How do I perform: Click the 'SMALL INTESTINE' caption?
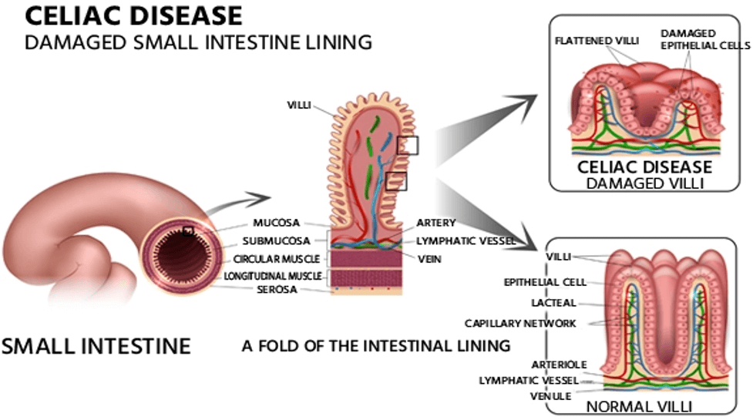[96, 345]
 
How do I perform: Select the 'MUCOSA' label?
[276, 223]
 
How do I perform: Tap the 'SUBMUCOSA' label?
[271, 240]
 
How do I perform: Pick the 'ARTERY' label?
[436, 223]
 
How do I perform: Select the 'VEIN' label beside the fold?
[429, 259]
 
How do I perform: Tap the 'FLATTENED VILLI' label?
[597, 40]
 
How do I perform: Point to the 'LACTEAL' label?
[553, 303]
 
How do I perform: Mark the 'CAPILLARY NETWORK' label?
[520, 323]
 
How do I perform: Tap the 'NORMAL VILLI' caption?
[640, 405]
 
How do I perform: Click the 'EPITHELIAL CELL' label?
[546, 282]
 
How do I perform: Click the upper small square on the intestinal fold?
[408, 145]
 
